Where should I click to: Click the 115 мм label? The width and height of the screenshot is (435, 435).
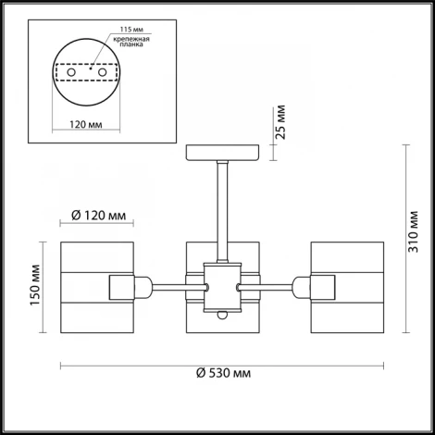click(x=131, y=30)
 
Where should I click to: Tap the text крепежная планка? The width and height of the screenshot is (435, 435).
click(x=131, y=42)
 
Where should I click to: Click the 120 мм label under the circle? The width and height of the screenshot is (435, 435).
click(x=86, y=124)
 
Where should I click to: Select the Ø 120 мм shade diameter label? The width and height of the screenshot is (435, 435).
click(x=99, y=215)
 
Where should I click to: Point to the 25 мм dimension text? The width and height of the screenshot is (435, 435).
click(x=281, y=122)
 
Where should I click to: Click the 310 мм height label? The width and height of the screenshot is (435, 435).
click(x=413, y=232)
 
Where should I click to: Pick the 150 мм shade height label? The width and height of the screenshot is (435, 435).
click(x=35, y=285)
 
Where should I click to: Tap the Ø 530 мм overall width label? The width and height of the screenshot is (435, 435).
click(x=224, y=373)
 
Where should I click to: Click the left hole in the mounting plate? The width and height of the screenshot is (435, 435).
click(x=71, y=73)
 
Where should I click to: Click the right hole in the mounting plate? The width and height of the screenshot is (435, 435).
click(x=102, y=73)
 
